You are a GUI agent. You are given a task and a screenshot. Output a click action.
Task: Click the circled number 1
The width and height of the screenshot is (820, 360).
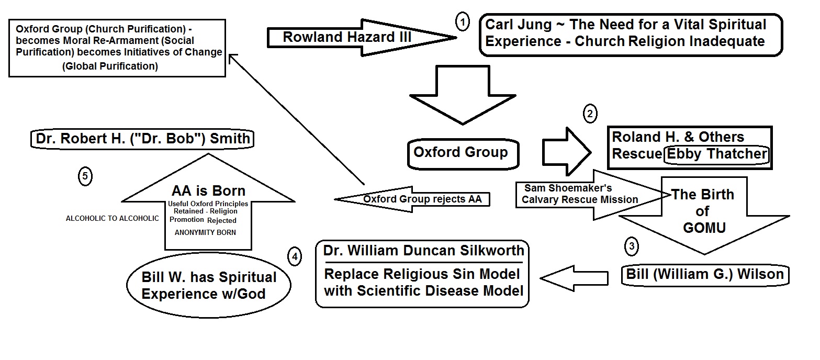pos(463,22)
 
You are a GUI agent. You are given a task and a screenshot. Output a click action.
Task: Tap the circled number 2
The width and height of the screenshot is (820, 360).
pos(590,114)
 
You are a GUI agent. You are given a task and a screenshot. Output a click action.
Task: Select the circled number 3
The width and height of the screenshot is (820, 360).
pos(632,246)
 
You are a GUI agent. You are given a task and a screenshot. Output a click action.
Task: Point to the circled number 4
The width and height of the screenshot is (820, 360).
pos(295,256)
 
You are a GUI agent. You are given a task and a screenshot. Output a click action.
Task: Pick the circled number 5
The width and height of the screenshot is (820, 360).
pos(85,176)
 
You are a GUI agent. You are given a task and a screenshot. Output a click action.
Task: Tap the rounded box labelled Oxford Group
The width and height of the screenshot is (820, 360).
pos(460,153)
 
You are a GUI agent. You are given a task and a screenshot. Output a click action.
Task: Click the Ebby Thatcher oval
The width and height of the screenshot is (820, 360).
pos(715,154)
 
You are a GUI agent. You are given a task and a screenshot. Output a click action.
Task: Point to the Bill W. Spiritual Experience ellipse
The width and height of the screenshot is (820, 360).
pos(209,285)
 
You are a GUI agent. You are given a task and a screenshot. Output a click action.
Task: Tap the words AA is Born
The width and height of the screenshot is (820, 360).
pos(208,191)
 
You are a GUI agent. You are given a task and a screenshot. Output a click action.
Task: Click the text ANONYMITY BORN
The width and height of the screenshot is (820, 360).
pos(208,232)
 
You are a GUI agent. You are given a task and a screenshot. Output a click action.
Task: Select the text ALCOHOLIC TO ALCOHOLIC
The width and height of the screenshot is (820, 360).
pos(112,218)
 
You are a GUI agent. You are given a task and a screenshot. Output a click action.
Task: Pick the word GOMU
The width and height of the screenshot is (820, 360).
pos(702,229)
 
